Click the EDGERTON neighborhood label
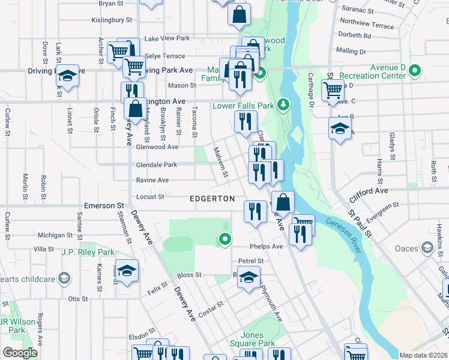pyautogui.click(x=211, y=198)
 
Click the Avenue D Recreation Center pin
pyautogui.click(x=414, y=71)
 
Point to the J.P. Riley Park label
pyautogui.click(x=88, y=252)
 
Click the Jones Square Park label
pyautogui.click(x=258, y=339)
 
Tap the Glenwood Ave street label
pyautogui.click(x=157, y=146)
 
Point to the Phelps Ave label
pyautogui.click(x=266, y=247)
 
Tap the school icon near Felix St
pyautogui.click(x=127, y=271)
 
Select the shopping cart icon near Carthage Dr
pyautogui.click(x=333, y=91)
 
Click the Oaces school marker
pyautogui.click(x=427, y=248)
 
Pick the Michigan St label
pyautogui.click(x=55, y=235)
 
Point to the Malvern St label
pyautogui.click(x=220, y=162)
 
